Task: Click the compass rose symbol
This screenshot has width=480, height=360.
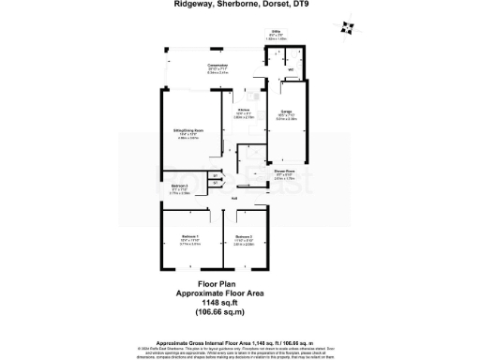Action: click(348, 27)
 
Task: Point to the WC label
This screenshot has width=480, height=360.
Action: click(290, 70)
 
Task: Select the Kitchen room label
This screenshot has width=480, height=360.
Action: click(243, 112)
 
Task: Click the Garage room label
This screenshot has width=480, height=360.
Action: click(286, 114)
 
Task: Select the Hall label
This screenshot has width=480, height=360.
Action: click(234, 198)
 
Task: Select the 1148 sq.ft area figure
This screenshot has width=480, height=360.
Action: click(216, 303)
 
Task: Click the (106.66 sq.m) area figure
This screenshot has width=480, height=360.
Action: click(216, 312)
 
